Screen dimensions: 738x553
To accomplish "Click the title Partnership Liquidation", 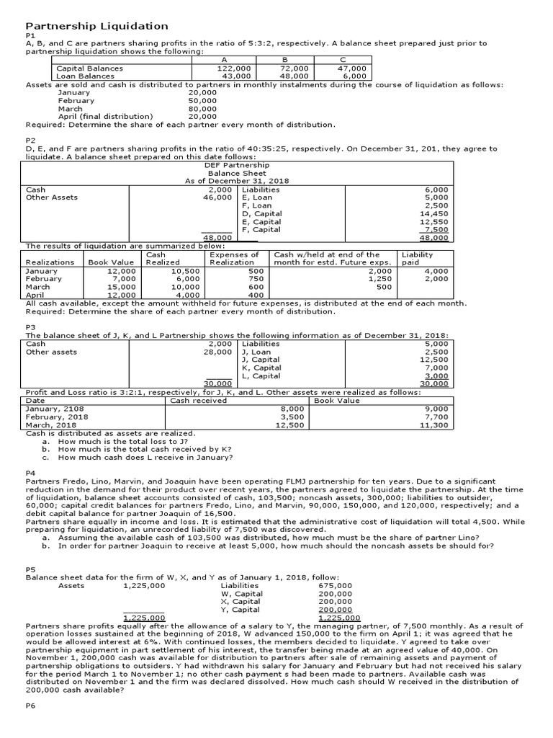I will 96,26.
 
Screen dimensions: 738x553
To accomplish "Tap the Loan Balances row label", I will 85,76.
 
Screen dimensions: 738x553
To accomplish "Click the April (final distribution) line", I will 105,117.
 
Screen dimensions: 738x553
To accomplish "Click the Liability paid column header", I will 417,259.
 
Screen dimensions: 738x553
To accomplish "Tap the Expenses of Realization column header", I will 234,259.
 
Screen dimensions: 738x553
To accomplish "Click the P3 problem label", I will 30,327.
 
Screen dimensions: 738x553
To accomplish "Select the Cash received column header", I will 198,400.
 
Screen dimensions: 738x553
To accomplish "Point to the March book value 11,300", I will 434,425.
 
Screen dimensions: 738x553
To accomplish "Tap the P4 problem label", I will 30,473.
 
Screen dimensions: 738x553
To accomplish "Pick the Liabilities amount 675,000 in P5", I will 336,586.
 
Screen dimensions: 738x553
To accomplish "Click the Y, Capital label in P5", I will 242,610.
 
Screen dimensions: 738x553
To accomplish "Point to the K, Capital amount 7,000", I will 436,368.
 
